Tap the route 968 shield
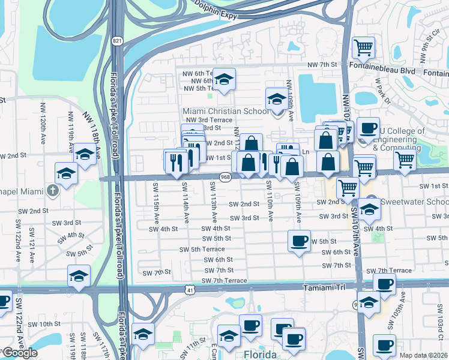click(x=225, y=177)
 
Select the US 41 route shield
click(x=190, y=290)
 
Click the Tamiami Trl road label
click(x=326, y=288)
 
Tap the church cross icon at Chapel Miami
click(x=53, y=191)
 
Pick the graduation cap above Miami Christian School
click(x=277, y=98)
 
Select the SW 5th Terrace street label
click(x=202, y=249)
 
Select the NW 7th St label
click(x=322, y=65)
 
